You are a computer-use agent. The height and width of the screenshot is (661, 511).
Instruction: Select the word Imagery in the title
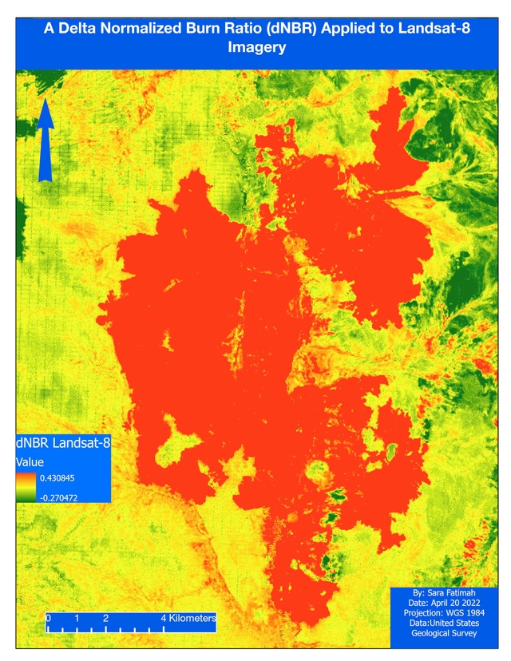256,48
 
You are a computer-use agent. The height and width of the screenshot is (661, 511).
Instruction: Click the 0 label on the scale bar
49,618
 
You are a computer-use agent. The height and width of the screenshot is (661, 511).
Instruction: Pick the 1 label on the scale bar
77,618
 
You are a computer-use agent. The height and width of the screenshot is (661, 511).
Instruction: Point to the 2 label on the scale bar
105,618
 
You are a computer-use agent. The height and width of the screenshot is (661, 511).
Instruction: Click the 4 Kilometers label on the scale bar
188,618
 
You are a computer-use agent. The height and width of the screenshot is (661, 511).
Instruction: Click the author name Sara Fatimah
453,594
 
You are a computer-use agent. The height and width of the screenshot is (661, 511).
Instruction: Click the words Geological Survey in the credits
444,633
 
